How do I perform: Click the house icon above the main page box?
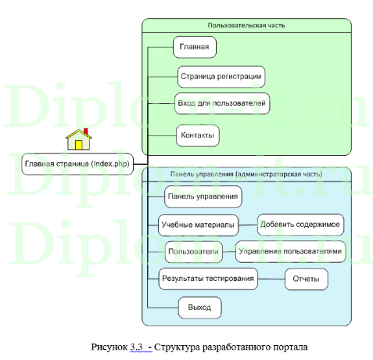click(x=78, y=140)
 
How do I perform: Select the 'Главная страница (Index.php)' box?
click(x=77, y=164)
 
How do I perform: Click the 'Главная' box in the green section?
click(x=194, y=48)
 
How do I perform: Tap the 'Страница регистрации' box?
click(x=221, y=77)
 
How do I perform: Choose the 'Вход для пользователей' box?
click(x=223, y=103)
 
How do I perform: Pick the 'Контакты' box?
click(x=196, y=135)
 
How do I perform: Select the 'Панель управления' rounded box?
click(x=203, y=195)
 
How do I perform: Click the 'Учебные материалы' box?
click(x=198, y=225)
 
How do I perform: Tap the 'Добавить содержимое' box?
click(x=299, y=225)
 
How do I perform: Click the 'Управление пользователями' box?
click(x=291, y=251)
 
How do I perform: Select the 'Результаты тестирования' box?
click(x=207, y=279)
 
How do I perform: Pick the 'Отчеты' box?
click(x=305, y=279)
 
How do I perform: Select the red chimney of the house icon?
click(x=85, y=131)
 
